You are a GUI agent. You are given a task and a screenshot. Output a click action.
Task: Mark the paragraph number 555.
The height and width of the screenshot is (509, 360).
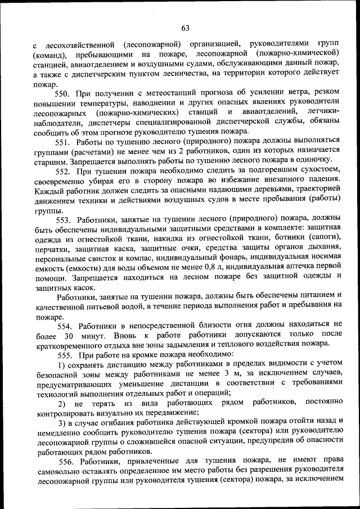pyautogui.click(x=66, y=355)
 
